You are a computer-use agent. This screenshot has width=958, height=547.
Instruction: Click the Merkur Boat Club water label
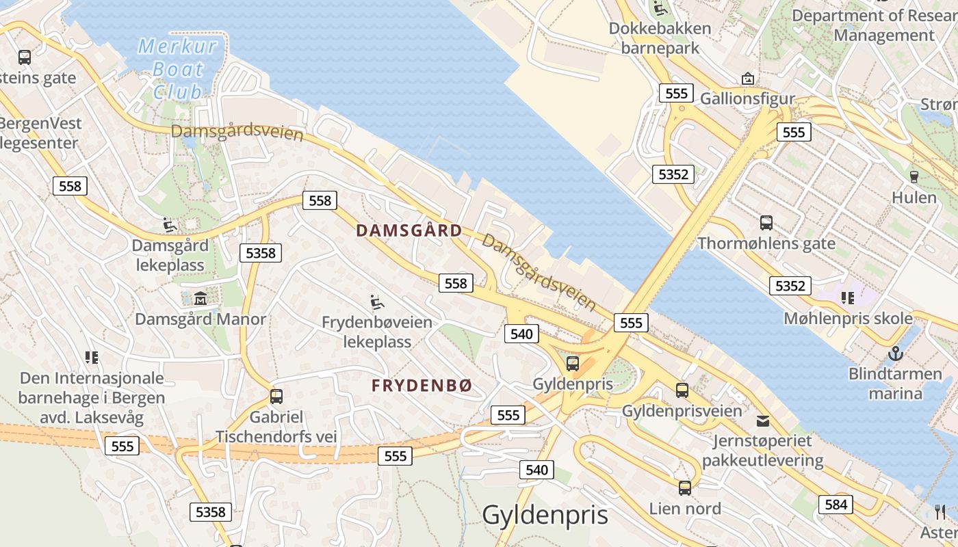pyautogui.click(x=178, y=68)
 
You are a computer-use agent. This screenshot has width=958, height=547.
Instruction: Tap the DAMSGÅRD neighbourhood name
pyautogui.click(x=409, y=230)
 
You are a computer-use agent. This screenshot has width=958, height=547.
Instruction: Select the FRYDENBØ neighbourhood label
pyautogui.click(x=422, y=386)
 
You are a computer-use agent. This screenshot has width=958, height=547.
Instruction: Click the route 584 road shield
pyautogui.click(x=836, y=505)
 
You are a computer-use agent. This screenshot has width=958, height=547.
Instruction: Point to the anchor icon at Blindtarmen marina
pyautogui.click(x=895, y=354)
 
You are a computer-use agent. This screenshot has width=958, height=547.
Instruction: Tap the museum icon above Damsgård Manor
pyautogui.click(x=200, y=298)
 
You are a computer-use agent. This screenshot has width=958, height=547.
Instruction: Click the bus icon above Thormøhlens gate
pyautogui.click(x=766, y=222)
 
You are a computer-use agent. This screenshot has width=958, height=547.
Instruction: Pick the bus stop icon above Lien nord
pyautogui.click(x=685, y=488)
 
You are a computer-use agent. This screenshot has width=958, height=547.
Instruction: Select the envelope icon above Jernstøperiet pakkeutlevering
pyautogui.click(x=762, y=420)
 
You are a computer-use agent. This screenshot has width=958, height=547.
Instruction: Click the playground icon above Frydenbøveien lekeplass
pyautogui.click(x=377, y=301)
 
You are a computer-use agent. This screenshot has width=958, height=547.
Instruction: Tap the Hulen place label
pyautogui.click(x=914, y=198)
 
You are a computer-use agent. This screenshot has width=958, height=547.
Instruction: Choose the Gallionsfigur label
pyautogui.click(x=747, y=98)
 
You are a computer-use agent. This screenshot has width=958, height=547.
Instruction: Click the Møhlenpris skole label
pyautogui.click(x=848, y=318)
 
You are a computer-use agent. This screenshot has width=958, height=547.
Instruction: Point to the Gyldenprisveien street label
pyautogui.click(x=682, y=411)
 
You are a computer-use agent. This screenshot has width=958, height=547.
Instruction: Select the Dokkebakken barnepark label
pyautogui.click(x=660, y=38)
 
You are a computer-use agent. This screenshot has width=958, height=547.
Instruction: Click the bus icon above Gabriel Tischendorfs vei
pyautogui.click(x=276, y=396)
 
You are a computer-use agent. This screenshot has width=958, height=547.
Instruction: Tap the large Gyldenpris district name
pyautogui.click(x=545, y=515)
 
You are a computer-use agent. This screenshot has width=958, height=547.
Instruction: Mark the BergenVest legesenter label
pyautogui.click(x=40, y=133)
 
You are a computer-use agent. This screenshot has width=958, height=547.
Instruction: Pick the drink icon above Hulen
pyautogui.click(x=914, y=176)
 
